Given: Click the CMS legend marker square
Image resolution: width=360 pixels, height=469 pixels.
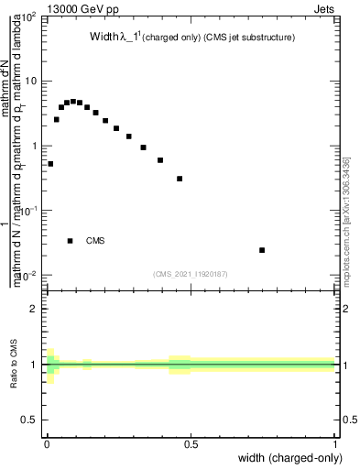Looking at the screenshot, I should pos(71,241).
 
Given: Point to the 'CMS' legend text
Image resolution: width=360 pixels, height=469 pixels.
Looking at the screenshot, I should pos(95,241).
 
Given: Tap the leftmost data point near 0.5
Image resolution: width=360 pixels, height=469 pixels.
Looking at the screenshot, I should pos(50,164).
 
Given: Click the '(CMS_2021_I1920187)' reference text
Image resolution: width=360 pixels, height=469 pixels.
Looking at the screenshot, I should pos(191,272).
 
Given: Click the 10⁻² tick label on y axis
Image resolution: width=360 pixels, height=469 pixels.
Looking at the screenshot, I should pos(27,276).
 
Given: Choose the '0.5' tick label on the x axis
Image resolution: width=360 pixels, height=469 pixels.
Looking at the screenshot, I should pos(191,444).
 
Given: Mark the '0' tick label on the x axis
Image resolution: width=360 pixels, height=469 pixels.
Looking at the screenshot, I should pos(46,444).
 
